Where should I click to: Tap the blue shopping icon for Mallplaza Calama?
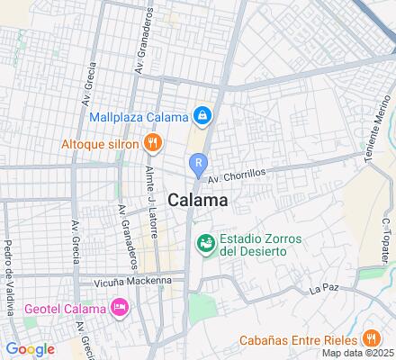pyautogui.click(x=204, y=116)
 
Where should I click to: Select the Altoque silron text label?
pyautogui.click(x=100, y=143)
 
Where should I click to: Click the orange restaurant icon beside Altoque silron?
pyautogui.click(x=154, y=142)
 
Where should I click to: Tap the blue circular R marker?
pyautogui.click(x=198, y=163)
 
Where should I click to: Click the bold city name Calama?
pyautogui.click(x=197, y=201)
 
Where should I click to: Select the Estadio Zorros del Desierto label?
pyautogui.click(x=261, y=246)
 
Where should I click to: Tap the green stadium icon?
pyautogui.click(x=205, y=242)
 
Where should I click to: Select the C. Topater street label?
pyautogui.click(x=383, y=236)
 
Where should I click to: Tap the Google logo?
pyautogui.click(x=30, y=349)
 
